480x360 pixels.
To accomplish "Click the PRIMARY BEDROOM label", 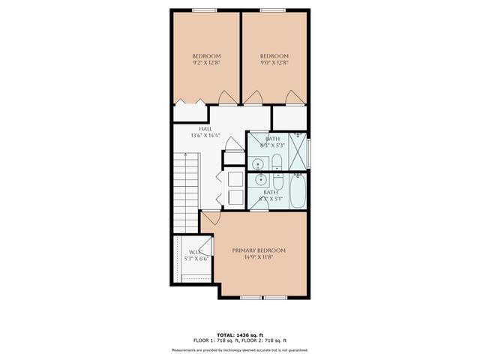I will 259,250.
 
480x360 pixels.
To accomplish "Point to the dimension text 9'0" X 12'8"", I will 274,64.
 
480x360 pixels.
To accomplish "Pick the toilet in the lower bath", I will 276,182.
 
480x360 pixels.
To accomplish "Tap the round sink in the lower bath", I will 259,180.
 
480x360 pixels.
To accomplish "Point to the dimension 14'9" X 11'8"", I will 259,258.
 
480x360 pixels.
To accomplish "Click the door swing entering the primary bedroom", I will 210,218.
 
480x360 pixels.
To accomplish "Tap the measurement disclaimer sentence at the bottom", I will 239,349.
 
